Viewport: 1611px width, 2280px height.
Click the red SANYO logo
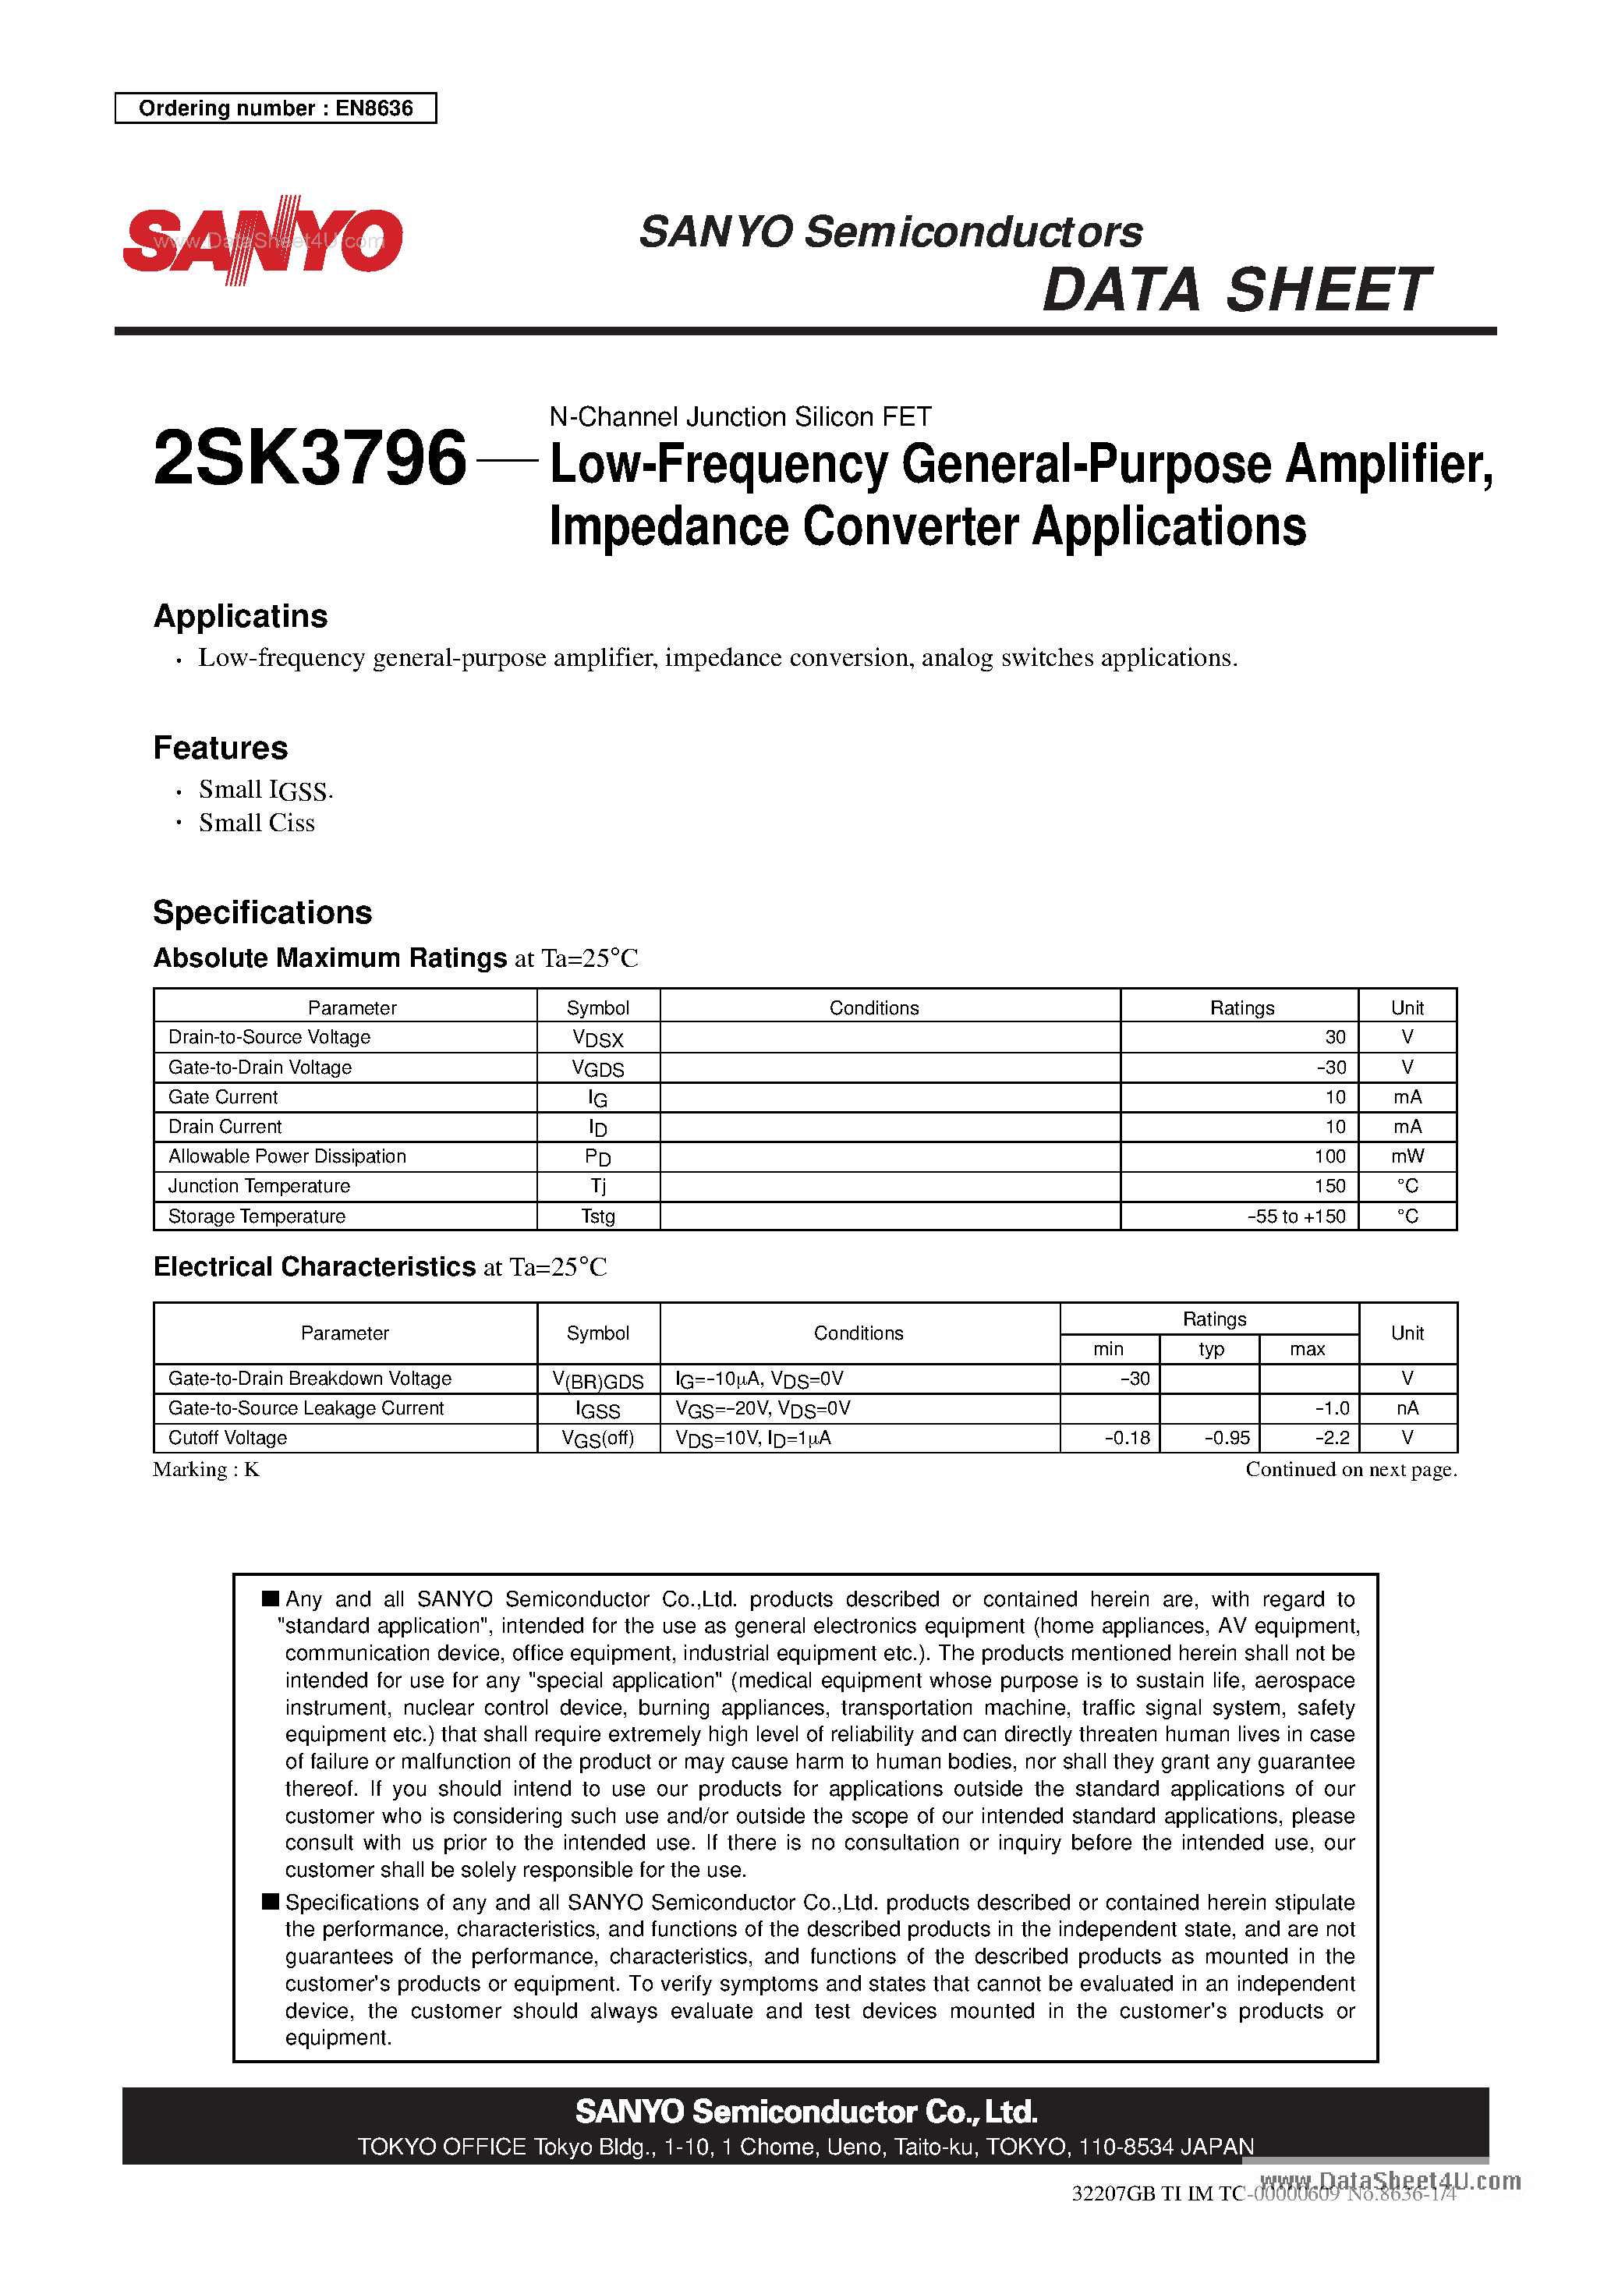click(262, 240)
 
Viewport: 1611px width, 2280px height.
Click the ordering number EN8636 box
click(275, 108)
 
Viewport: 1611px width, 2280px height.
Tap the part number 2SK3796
click(310, 458)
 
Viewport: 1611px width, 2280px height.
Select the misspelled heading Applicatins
click(240, 616)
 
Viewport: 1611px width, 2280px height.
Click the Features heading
click(221, 748)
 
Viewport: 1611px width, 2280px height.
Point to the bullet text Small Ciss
click(257, 823)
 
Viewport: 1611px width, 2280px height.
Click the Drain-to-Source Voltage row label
click(269, 1037)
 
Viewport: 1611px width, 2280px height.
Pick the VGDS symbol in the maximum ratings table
click(598, 1068)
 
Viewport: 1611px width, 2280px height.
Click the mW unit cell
click(1407, 1156)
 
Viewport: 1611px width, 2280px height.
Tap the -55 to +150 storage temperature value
click(1296, 1216)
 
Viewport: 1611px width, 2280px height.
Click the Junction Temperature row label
click(259, 1186)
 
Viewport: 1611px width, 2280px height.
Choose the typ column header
click(1211, 1348)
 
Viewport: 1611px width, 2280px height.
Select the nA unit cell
click(1407, 1408)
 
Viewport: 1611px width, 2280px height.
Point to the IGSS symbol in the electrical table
click(598, 1410)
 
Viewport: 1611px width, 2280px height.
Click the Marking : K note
click(207, 1470)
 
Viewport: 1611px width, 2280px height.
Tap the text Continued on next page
click(1351, 1470)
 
